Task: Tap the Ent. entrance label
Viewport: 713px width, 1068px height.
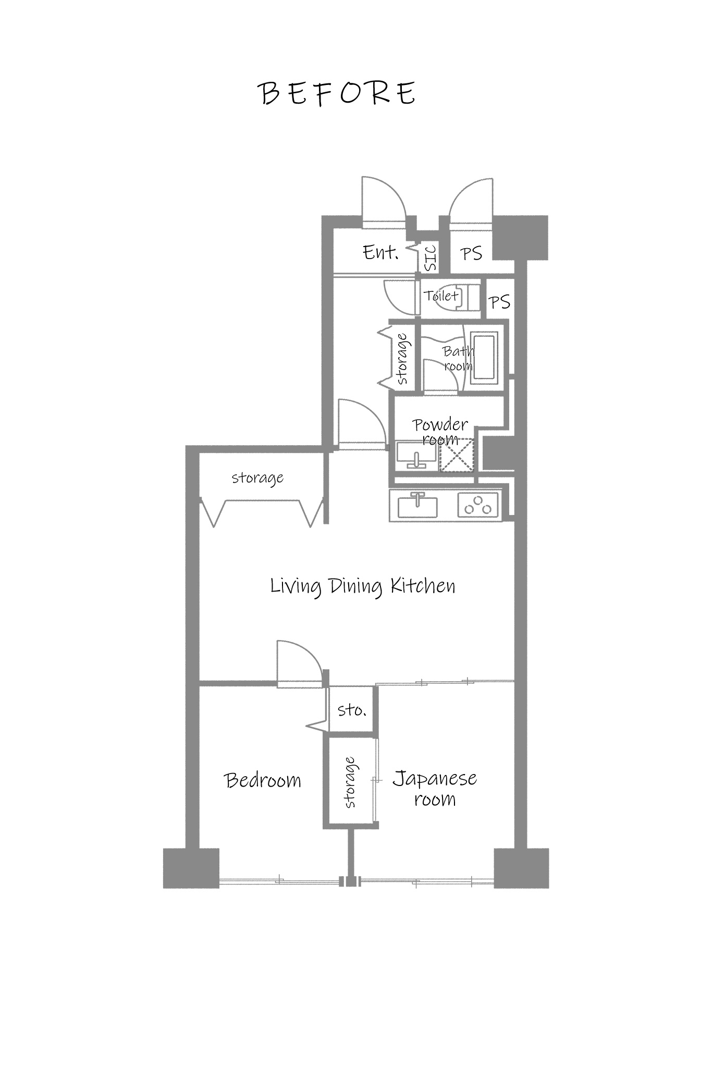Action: click(380, 253)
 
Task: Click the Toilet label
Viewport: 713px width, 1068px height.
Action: click(441, 296)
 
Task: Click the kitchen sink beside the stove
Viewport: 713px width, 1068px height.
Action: click(417, 505)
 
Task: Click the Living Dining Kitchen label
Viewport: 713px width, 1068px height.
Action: click(363, 586)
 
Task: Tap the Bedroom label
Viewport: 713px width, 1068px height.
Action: click(263, 780)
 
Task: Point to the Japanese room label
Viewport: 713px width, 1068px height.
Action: click(435, 788)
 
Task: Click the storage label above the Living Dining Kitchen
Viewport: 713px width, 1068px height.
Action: click(257, 477)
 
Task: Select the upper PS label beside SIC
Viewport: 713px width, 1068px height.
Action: click(471, 254)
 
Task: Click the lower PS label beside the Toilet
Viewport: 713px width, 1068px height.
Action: click(499, 302)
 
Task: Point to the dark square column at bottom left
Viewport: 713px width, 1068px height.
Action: click(191, 868)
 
